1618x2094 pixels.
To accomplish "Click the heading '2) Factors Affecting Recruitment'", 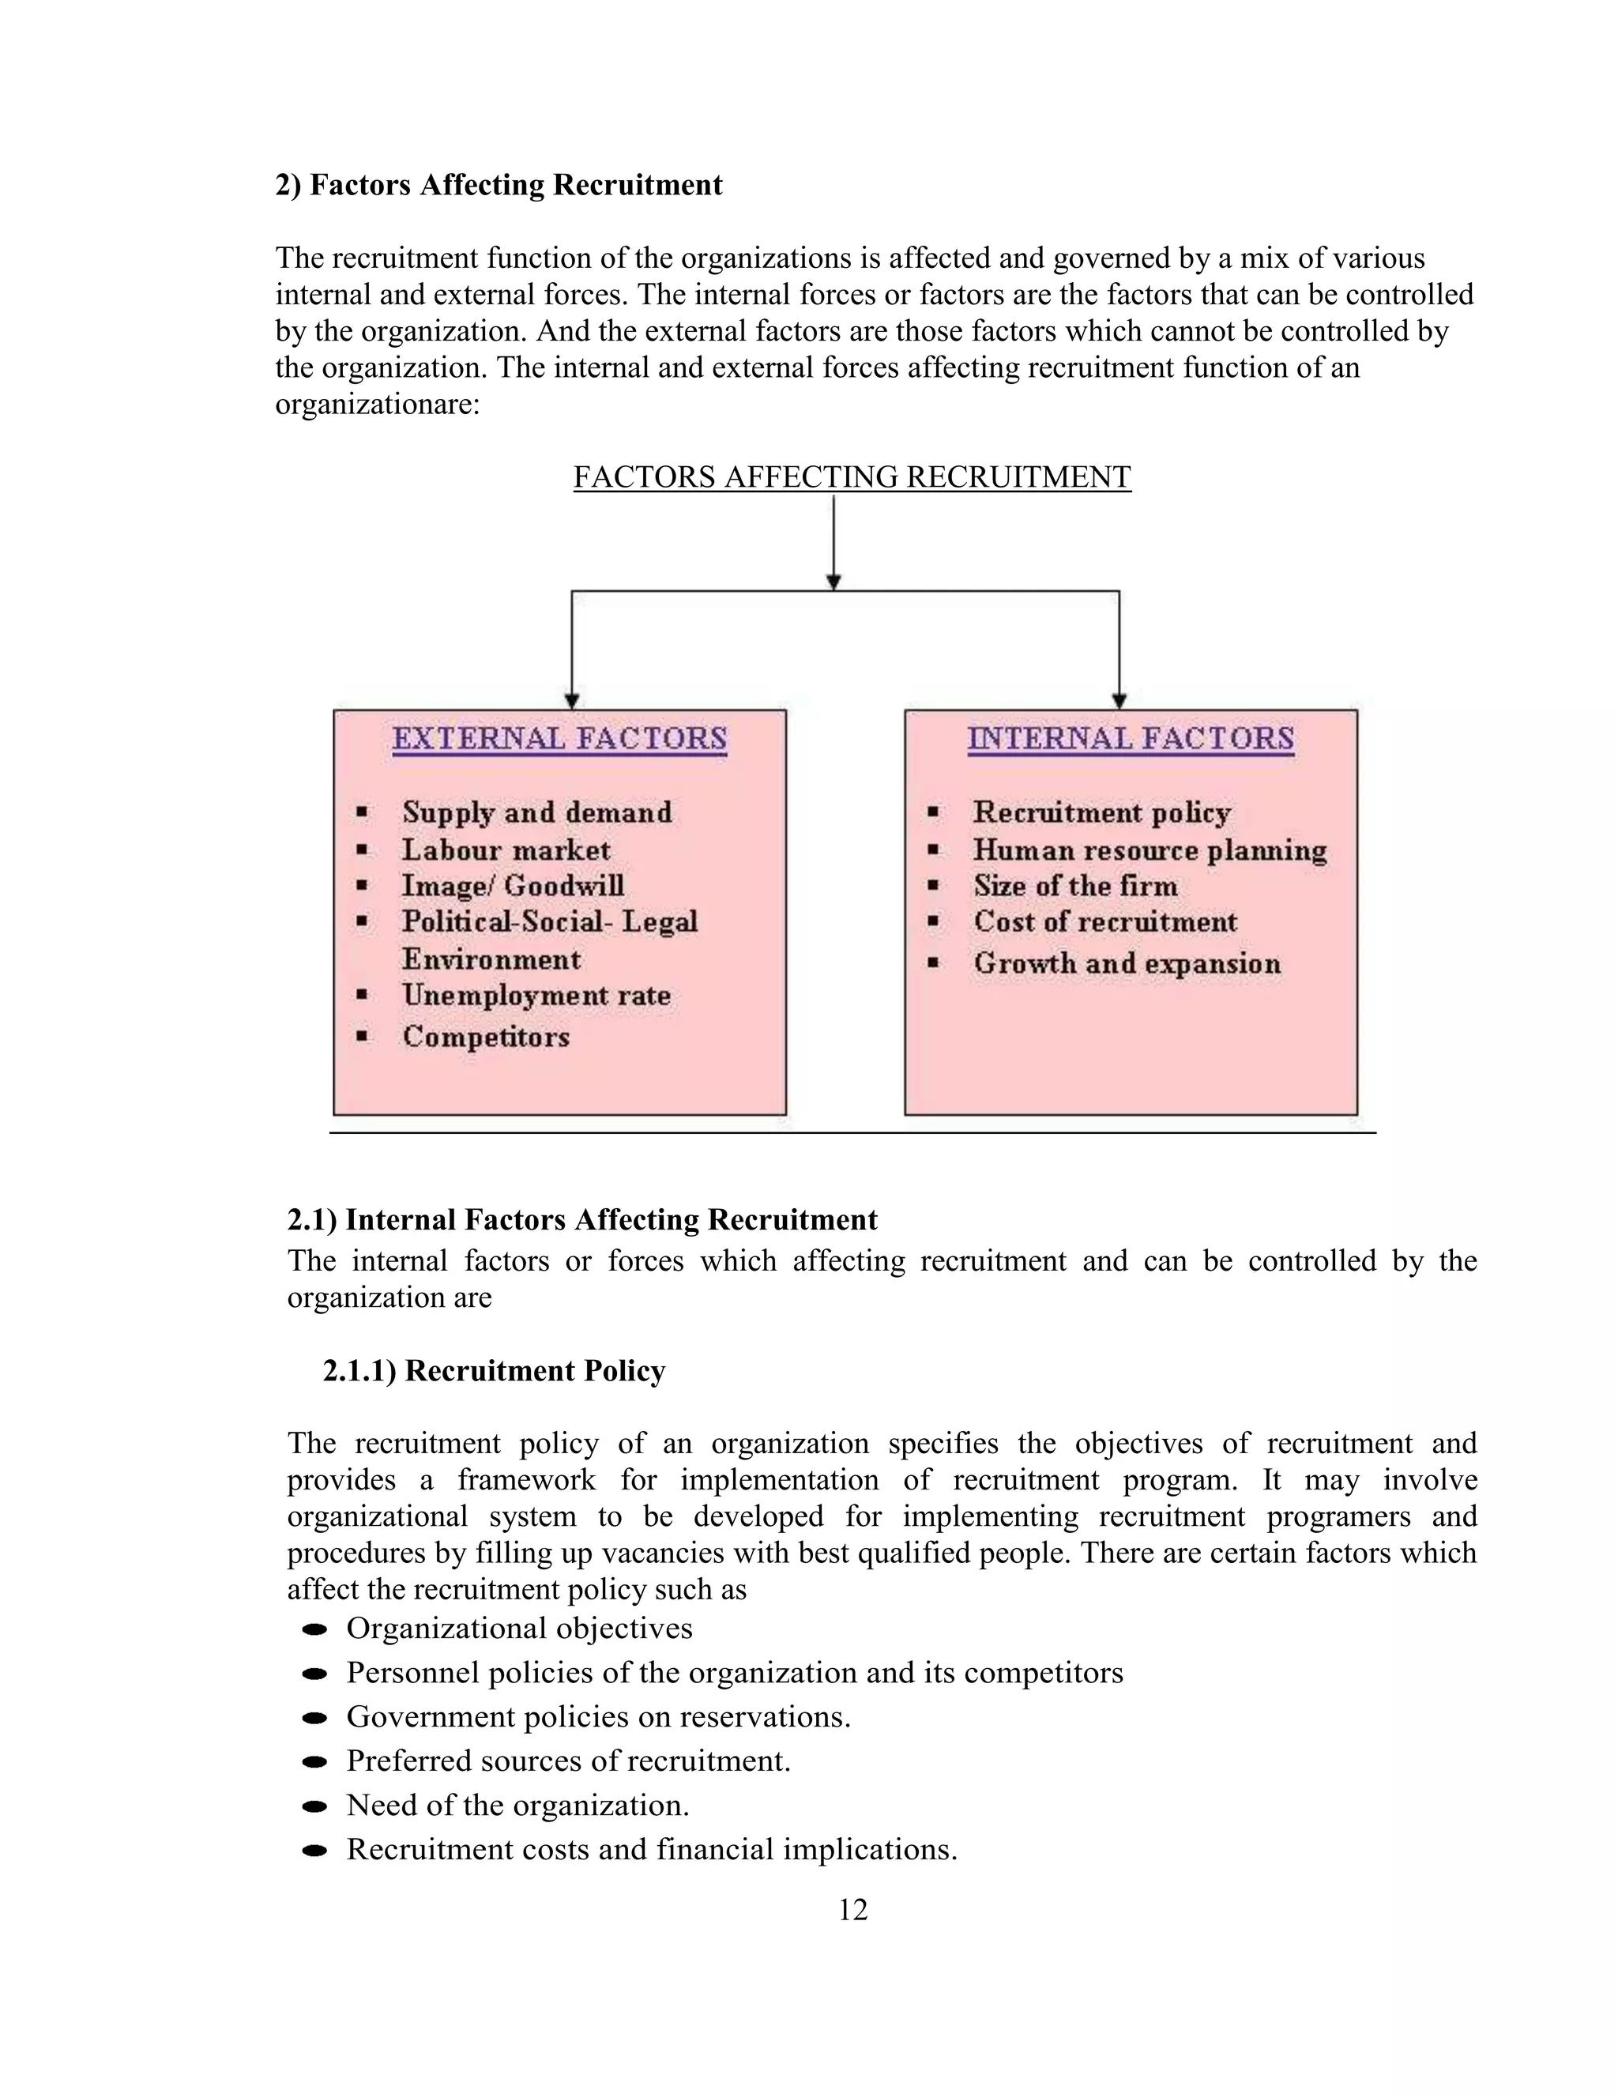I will click(x=499, y=185).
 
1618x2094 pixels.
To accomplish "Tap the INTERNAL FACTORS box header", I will click(x=1130, y=740).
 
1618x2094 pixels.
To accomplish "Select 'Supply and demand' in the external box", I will click(x=536, y=813).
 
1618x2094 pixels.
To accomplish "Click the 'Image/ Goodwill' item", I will click(x=512, y=886).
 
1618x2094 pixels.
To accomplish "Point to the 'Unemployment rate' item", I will click(x=536, y=995).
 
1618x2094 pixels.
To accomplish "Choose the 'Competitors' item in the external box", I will click(x=486, y=1038).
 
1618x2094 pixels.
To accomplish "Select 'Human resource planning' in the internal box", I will click(x=1150, y=850).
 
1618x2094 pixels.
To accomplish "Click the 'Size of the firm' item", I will click(x=1074, y=886).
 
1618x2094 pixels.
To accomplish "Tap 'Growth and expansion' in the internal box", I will click(x=1127, y=963).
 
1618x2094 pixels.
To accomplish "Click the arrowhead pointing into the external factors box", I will click(x=571, y=702).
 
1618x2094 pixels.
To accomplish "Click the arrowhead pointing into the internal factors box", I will click(x=1119, y=702).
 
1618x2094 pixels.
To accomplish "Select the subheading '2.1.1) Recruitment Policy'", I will click(x=494, y=1371).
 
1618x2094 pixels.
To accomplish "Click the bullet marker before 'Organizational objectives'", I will click(x=314, y=1630).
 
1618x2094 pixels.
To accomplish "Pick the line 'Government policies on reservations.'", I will click(x=598, y=1716).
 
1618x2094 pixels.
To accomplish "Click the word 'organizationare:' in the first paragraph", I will click(x=377, y=405).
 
